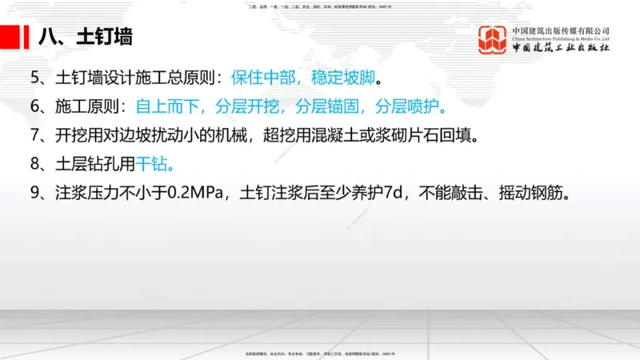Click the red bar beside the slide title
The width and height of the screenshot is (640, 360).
[12, 36]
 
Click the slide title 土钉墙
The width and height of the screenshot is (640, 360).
[103, 37]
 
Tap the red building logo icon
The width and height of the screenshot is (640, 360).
[494, 40]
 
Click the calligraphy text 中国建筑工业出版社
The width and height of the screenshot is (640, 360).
[561, 48]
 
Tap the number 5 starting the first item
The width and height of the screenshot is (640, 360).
[34, 78]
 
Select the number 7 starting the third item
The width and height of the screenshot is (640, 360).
[34, 134]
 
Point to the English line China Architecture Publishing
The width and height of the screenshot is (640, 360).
[561, 39]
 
